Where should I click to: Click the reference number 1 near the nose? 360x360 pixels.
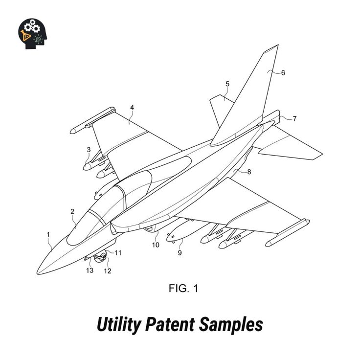point(48,235)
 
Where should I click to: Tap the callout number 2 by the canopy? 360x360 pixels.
point(72,211)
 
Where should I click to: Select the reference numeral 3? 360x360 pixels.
point(89,150)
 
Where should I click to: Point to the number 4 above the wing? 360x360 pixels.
point(132,108)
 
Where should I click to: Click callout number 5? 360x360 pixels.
point(227,84)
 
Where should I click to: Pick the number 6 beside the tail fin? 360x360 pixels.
point(283,73)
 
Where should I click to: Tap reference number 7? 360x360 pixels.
point(294,119)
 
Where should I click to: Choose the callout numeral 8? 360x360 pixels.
point(249,172)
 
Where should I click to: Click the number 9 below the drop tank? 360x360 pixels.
point(180,253)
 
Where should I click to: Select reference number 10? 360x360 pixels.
point(156,245)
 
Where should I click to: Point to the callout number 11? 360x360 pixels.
point(118,253)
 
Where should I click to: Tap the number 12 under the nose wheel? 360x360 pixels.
point(108,271)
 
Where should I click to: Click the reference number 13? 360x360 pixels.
point(90,270)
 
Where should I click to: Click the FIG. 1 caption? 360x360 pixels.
point(183,289)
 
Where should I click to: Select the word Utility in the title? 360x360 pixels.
point(118,324)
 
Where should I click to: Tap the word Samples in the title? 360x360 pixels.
point(231,324)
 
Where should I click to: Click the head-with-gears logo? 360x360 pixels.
point(33,34)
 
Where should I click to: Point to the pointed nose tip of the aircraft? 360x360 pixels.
point(38,273)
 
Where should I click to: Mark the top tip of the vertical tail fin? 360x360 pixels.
point(278,45)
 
